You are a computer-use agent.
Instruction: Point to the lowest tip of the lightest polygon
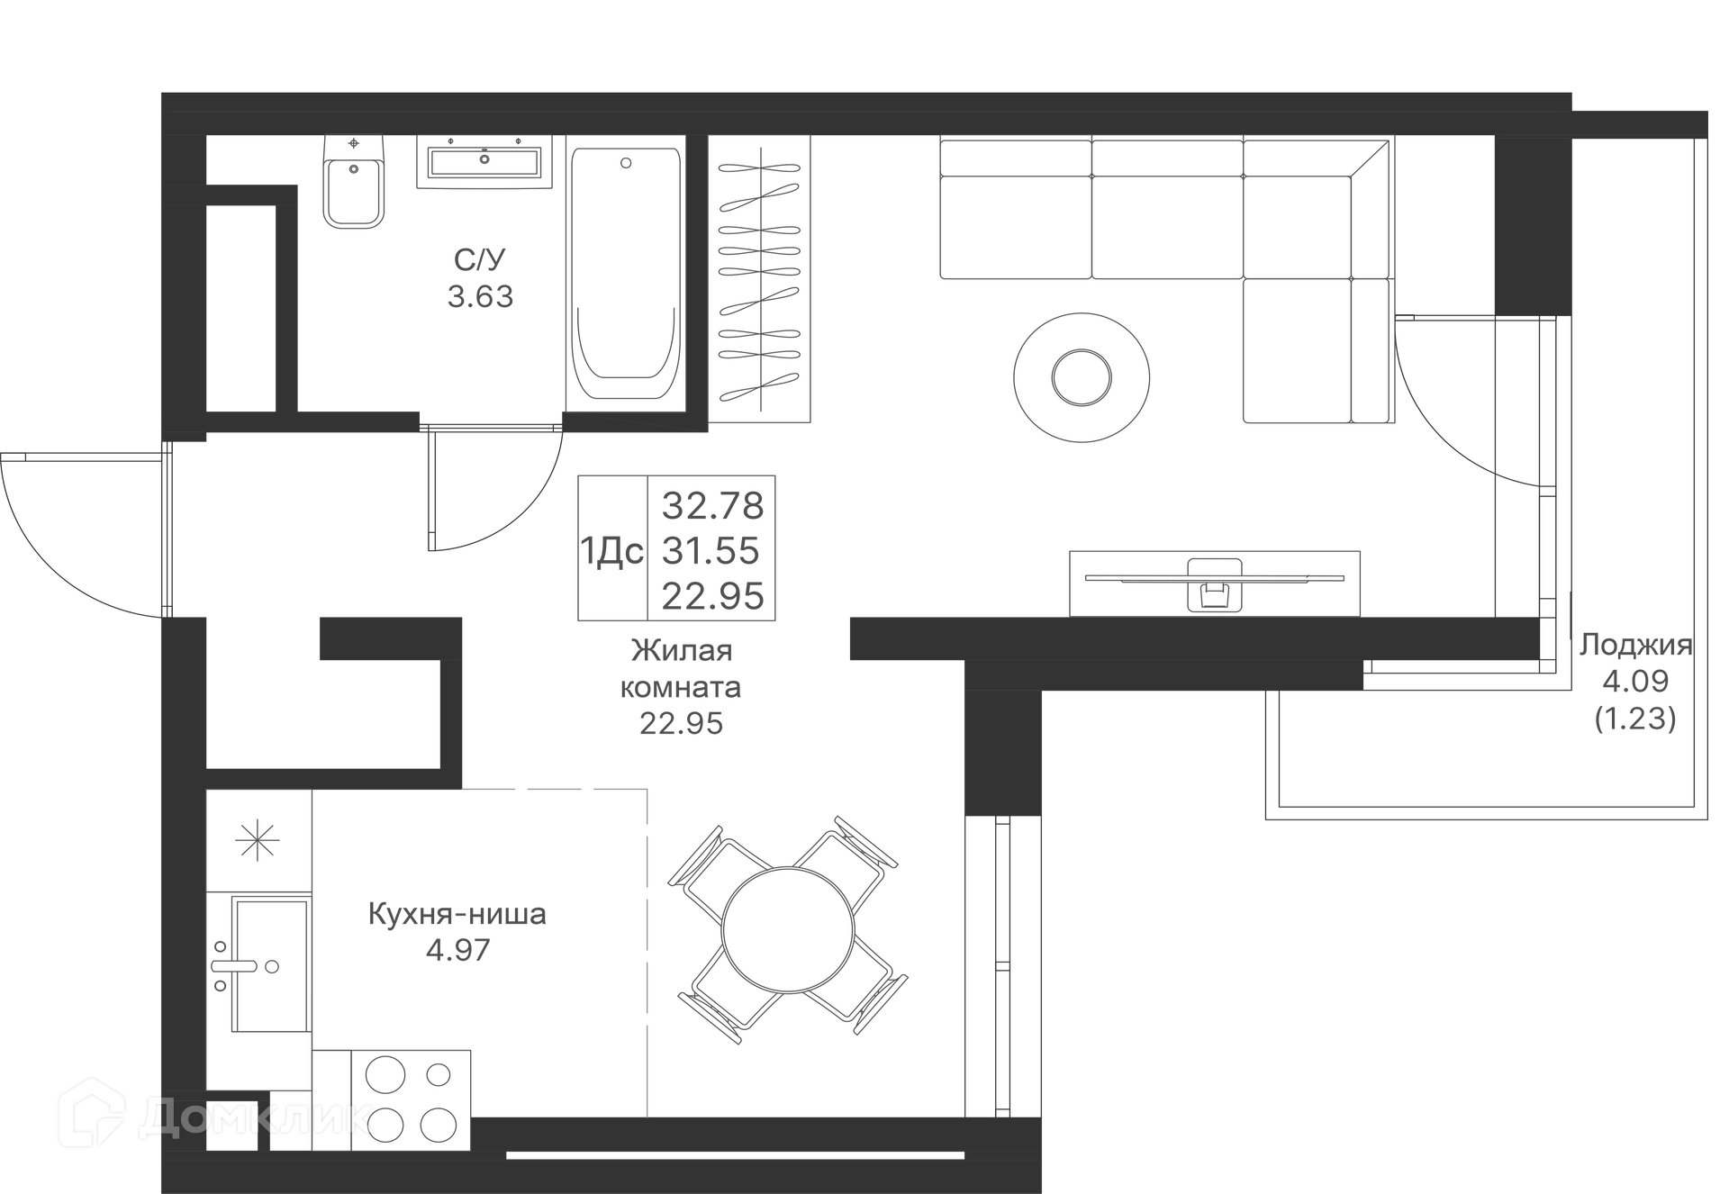pyautogui.click(x=647, y=1116)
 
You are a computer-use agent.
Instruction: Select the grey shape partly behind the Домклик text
pyautogui.click(x=378, y=972)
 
